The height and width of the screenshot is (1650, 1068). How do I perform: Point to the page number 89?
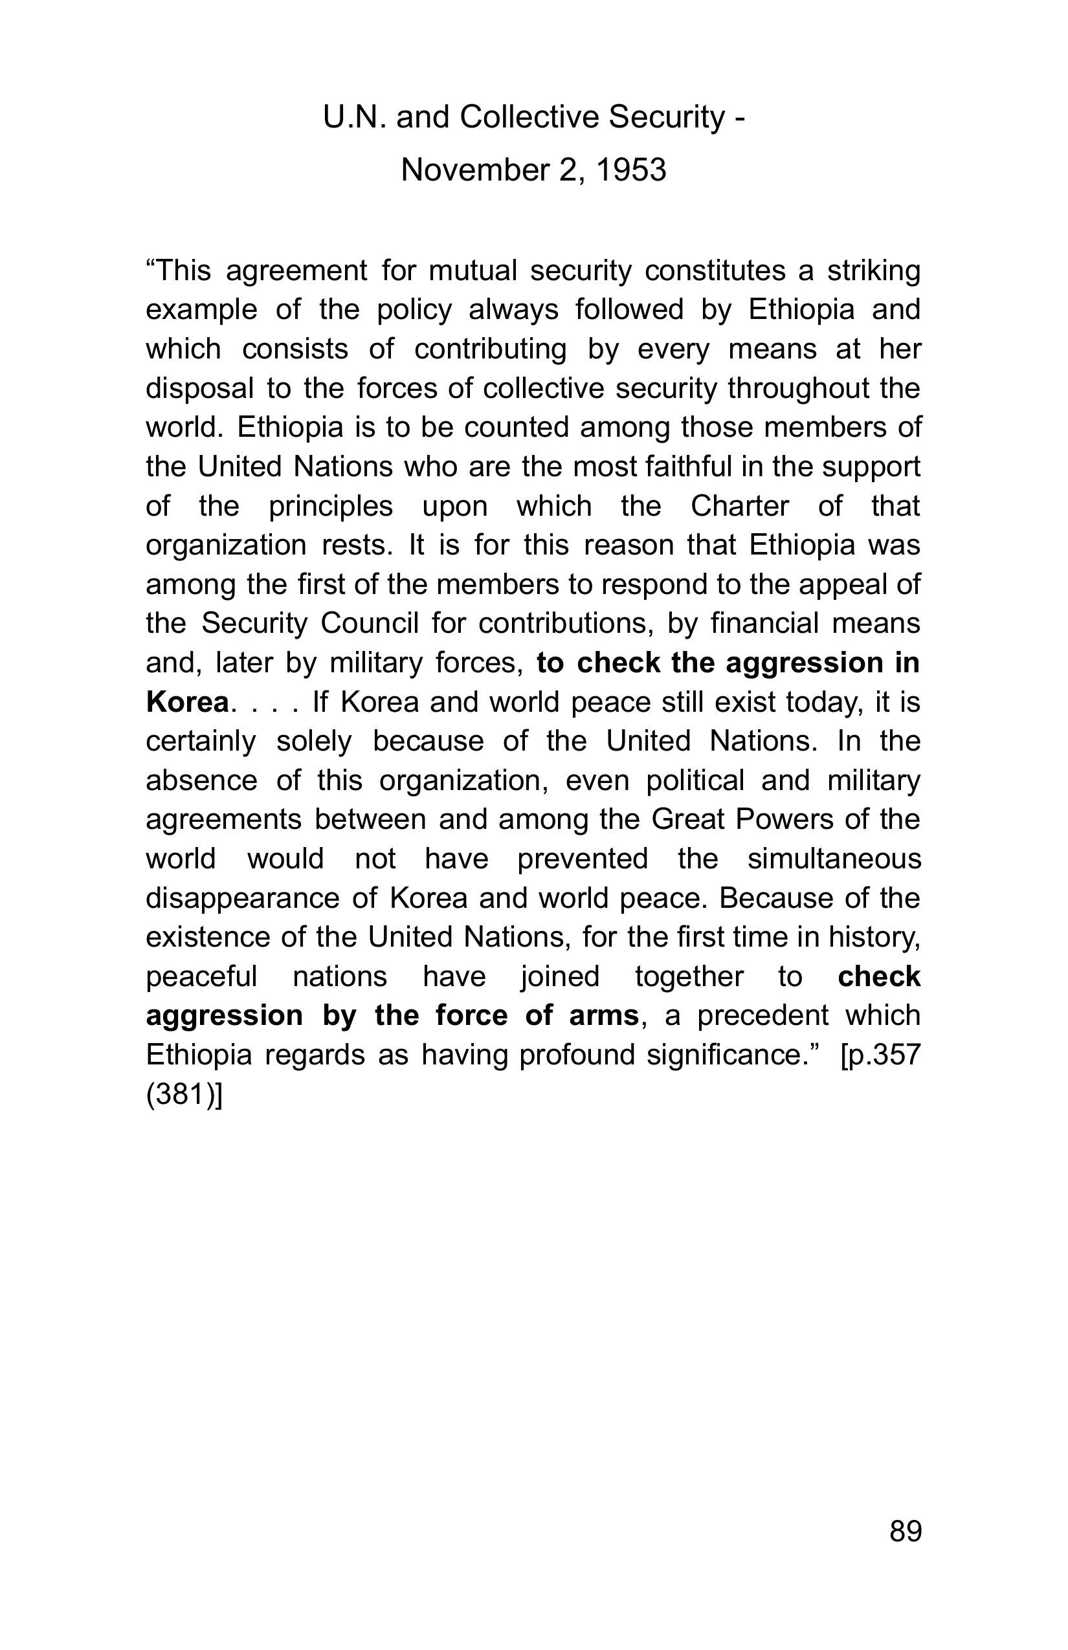[905, 1531]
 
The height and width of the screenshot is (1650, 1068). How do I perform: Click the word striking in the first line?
[873, 270]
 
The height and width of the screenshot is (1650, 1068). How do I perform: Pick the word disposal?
[200, 388]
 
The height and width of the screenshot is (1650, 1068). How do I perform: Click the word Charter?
[739, 506]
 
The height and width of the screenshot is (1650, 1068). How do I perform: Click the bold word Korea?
[187, 702]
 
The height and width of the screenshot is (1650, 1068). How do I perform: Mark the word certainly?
[201, 741]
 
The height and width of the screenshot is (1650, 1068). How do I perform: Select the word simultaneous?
[834, 859]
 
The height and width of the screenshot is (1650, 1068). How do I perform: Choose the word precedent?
[762, 1016]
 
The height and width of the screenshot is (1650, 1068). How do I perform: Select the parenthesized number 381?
[183, 1095]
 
